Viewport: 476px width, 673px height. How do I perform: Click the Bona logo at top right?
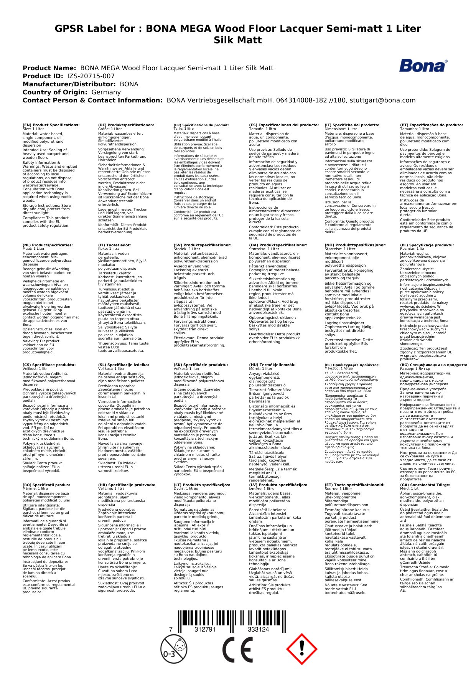423,66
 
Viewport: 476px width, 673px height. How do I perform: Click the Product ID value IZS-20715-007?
91,76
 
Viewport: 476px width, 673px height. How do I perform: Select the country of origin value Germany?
106,92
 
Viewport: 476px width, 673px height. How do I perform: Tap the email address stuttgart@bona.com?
382,100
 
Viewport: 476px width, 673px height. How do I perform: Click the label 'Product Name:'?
49,68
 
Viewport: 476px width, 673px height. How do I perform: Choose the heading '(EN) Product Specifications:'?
51,125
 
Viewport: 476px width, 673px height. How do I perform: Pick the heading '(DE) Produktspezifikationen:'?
126,125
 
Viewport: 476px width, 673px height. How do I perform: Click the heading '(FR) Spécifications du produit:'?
201,125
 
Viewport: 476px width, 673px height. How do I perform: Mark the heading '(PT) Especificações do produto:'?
431,125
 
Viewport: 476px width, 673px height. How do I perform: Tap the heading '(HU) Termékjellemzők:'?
272,365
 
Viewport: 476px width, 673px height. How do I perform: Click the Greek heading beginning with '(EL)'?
352,365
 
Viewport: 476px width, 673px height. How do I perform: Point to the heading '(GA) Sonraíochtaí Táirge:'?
425,485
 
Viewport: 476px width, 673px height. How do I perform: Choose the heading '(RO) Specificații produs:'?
46,485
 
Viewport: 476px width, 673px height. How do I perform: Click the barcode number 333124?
258,629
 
